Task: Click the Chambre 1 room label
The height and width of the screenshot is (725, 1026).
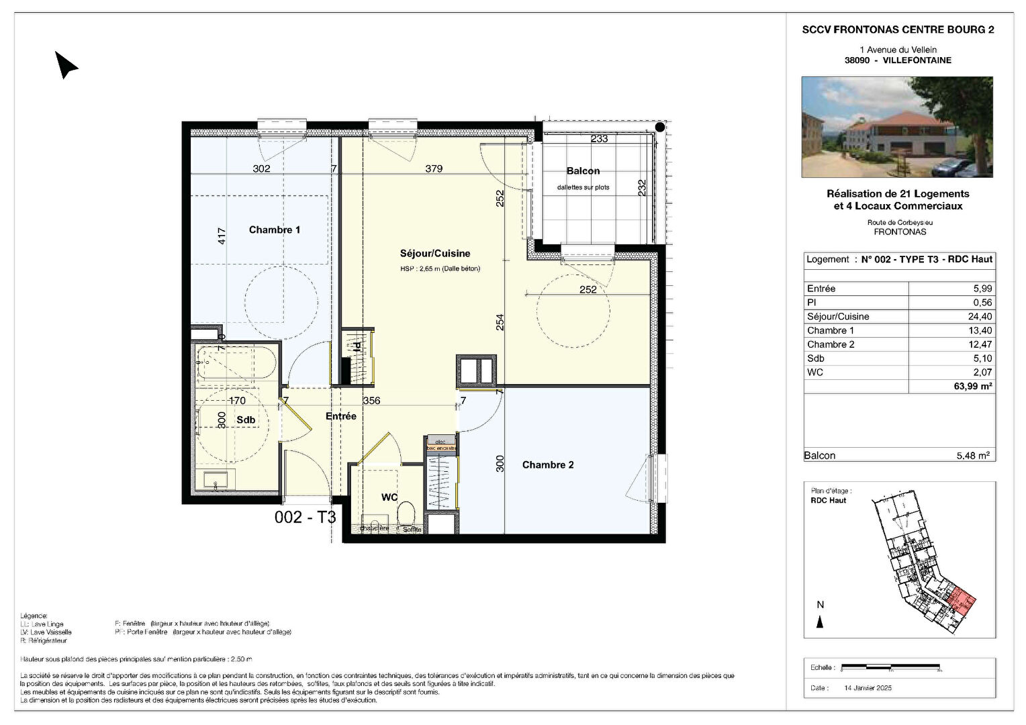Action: (x=274, y=230)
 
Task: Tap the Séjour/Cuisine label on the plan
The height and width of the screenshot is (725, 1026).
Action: (x=434, y=254)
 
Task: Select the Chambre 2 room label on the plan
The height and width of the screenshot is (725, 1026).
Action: (x=548, y=465)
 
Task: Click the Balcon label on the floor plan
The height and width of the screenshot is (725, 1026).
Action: (x=582, y=171)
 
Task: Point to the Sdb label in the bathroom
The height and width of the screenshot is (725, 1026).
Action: (x=246, y=420)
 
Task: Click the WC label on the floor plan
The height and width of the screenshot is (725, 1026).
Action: (x=389, y=497)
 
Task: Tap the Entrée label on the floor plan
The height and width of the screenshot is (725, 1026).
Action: (x=340, y=416)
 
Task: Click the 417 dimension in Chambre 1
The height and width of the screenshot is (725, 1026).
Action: (x=222, y=236)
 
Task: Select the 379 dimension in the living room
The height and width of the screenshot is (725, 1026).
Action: (x=434, y=168)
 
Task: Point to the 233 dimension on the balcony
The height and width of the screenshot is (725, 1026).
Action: (x=599, y=139)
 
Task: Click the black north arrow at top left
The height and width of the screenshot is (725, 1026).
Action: (x=66, y=65)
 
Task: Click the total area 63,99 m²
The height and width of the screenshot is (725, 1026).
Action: (x=974, y=386)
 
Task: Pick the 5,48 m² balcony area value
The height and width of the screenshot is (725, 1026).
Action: (x=973, y=456)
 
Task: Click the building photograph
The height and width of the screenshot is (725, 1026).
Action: (x=897, y=127)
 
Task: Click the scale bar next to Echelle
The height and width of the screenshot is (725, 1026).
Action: (x=892, y=667)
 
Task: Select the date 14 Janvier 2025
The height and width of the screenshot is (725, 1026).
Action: (x=868, y=687)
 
